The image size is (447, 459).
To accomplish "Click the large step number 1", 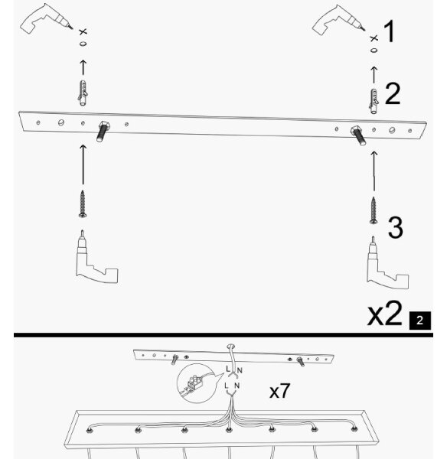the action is (x=390, y=31).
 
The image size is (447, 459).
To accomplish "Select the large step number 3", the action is (x=396, y=227).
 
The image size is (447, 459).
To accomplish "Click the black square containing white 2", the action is (x=420, y=321).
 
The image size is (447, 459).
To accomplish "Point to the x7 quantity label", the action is (x=279, y=390).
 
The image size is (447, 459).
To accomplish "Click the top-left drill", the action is (x=46, y=18).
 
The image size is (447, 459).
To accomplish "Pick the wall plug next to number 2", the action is (x=374, y=101).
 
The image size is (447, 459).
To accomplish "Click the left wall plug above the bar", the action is (x=83, y=93).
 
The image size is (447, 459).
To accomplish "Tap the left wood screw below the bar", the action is (x=83, y=204).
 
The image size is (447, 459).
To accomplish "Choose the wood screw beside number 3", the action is (x=374, y=211).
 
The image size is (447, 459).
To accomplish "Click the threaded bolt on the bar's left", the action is (x=103, y=131).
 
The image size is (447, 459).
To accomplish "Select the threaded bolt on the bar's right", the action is (x=359, y=135).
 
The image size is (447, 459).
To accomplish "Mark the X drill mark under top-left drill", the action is (x=83, y=31).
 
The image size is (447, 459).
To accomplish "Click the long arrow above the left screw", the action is (x=83, y=164).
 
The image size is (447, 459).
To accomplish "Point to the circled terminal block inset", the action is (x=196, y=383).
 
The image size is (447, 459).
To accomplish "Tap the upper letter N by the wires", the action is (x=240, y=371).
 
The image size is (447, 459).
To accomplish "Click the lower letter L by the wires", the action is (x=226, y=386).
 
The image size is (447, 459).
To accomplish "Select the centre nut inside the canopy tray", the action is (x=229, y=430).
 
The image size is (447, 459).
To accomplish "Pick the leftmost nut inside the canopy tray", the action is (x=89, y=431).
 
